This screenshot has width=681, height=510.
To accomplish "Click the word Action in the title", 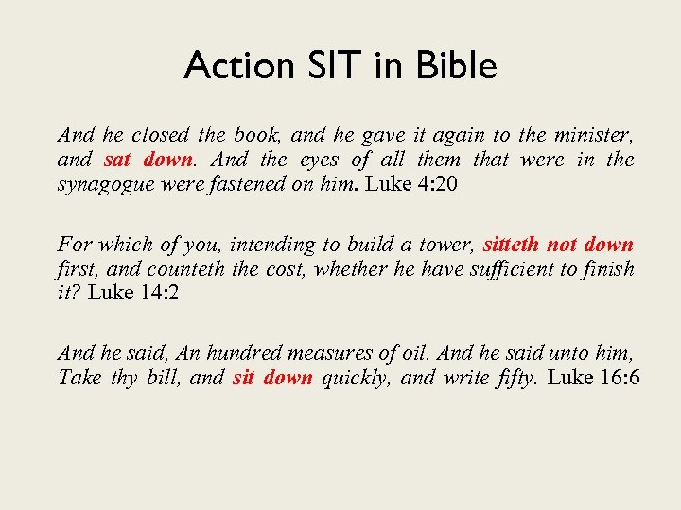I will coord(227,66).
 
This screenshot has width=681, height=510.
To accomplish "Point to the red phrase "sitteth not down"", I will coord(558,245).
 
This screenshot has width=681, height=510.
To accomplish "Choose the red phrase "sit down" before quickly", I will coord(272,379).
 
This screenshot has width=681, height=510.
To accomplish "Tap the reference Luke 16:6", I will coord(594,379).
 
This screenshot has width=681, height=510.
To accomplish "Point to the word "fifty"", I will coord(515,379).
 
